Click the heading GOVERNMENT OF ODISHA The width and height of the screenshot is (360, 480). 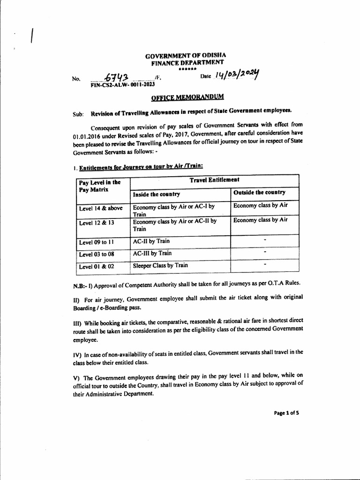187,55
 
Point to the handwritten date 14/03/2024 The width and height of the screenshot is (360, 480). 237,75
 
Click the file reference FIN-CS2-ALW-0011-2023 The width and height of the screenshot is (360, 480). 121,86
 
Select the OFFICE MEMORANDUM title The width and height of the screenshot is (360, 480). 187,97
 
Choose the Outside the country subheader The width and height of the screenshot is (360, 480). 259,193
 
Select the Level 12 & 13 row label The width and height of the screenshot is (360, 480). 97,224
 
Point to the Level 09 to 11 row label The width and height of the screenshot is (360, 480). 97,242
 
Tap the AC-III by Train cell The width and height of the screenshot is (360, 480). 152,253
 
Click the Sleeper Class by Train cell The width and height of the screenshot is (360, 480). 161,265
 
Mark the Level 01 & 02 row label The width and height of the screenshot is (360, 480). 97,267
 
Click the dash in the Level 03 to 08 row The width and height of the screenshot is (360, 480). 265,252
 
